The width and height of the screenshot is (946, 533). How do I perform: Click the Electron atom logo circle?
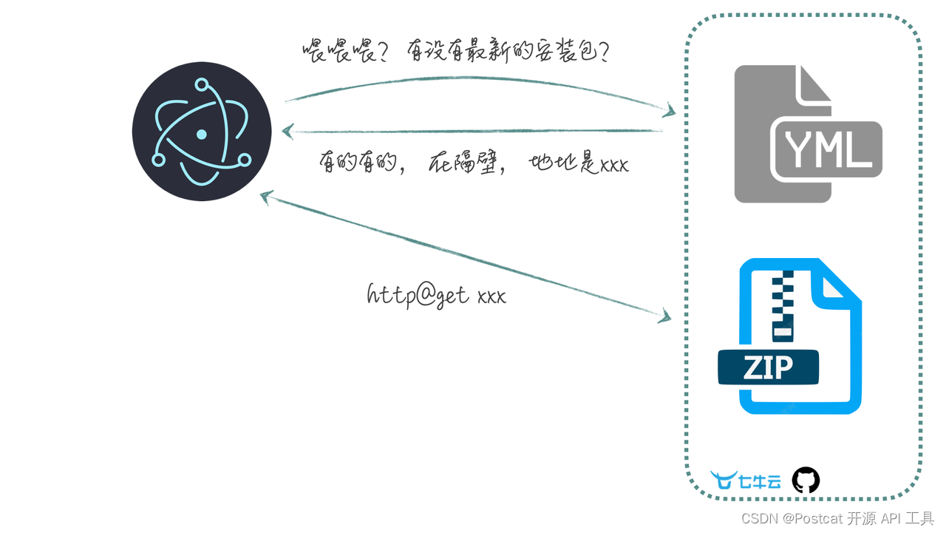coord(202,132)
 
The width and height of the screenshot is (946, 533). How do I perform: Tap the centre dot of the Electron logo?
coord(202,134)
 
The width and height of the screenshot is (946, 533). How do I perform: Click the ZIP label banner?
coord(769,367)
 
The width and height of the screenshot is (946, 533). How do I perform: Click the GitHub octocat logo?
coord(806,481)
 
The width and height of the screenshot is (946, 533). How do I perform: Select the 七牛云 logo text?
coord(760,482)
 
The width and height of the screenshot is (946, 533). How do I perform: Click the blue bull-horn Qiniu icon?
coord(724,480)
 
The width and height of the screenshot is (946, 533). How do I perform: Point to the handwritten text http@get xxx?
coord(436,295)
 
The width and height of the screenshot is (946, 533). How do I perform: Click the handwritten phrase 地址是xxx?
coord(579,164)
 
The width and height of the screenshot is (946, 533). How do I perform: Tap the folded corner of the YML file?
coord(814,85)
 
